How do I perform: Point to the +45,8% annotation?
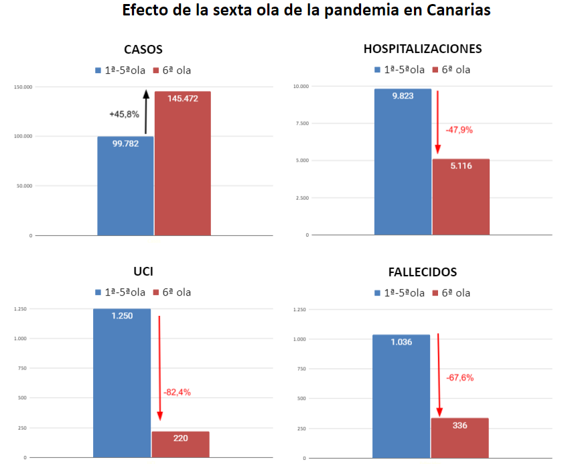[124, 114]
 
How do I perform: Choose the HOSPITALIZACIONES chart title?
[423, 49]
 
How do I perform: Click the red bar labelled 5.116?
[460, 197]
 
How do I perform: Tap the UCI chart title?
[143, 272]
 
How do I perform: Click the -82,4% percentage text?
[177, 392]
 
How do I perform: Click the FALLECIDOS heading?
[423, 272]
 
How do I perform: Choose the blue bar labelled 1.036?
[401, 396]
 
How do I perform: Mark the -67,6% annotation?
[459, 378]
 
